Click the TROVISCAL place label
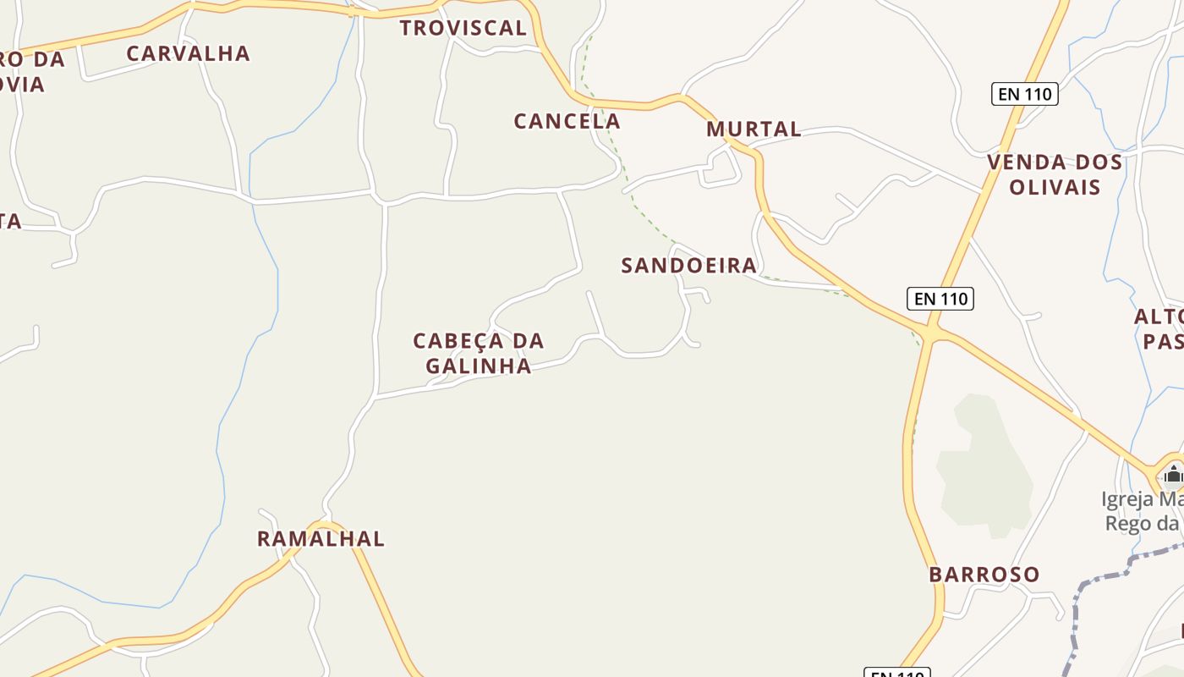tap(463, 28)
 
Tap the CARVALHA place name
tap(189, 53)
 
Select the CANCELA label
tap(567, 121)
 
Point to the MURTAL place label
tap(754, 129)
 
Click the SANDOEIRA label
tap(689, 266)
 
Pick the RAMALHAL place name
tap(321, 539)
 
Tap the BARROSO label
tap(984, 575)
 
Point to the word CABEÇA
tap(458, 342)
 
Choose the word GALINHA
tap(479, 366)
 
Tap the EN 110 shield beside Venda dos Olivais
tap(1025, 94)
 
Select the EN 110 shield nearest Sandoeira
tap(940, 299)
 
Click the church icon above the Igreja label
tap(1172, 474)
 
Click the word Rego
tap(1128, 523)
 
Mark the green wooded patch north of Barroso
tap(984, 465)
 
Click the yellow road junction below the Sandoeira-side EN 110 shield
tap(930, 334)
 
